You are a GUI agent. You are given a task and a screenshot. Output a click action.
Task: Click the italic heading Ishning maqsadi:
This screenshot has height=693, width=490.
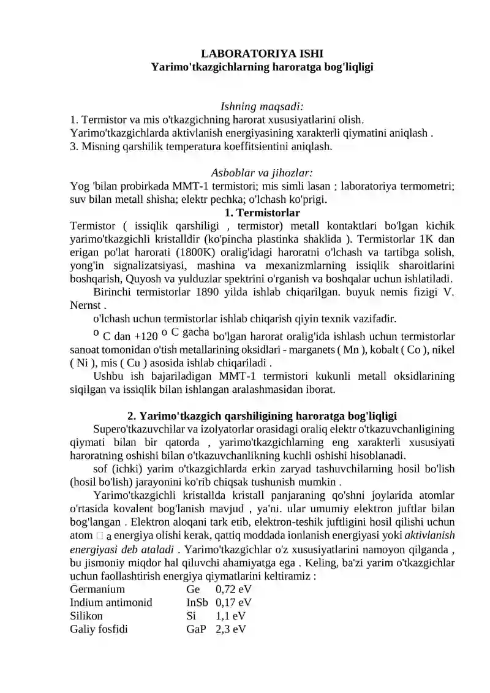pos(262,107)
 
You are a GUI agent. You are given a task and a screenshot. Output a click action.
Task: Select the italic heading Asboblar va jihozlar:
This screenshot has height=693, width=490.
pos(262,173)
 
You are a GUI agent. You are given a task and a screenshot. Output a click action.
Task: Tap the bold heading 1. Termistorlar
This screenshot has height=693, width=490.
pos(262,213)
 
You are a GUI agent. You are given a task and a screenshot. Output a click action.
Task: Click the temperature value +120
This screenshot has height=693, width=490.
pos(145,336)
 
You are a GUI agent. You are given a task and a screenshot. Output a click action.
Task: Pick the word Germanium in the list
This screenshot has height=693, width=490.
pos(97,589)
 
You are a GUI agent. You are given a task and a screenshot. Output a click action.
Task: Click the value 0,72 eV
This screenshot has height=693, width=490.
pos(233,589)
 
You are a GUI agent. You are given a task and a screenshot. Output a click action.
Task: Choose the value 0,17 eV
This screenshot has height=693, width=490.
pos(233,603)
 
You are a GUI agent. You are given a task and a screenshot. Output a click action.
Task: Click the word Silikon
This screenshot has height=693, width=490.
pos(86,616)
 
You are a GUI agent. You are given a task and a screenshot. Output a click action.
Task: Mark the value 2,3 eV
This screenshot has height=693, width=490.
pos(231,629)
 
